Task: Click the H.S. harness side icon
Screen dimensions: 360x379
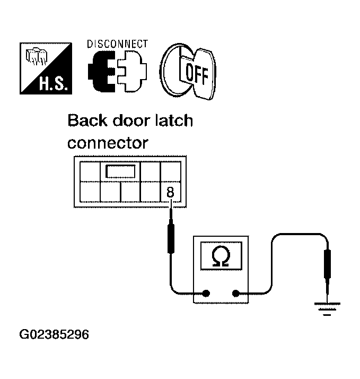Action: pos(46,68)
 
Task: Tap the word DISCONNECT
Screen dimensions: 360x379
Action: pos(117,44)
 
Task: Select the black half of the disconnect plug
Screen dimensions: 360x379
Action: pos(102,72)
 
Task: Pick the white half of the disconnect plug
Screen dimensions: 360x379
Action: pos(132,72)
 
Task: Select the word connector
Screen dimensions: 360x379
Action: pos(108,143)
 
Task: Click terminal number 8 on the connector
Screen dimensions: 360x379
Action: pos(170,192)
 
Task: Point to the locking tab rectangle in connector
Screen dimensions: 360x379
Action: pos(120,171)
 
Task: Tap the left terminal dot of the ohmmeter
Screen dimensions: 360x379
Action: pos(206,294)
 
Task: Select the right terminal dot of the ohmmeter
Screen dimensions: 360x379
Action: pos(235,294)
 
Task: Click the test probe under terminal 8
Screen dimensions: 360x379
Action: pos(171,230)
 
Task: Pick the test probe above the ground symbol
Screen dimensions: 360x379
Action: pos(327,273)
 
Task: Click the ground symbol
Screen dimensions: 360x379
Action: pos(327,309)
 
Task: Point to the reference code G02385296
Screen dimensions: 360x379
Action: pos(54,334)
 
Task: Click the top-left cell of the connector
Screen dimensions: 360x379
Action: pos(90,171)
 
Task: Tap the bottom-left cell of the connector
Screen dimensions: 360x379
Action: pos(90,192)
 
